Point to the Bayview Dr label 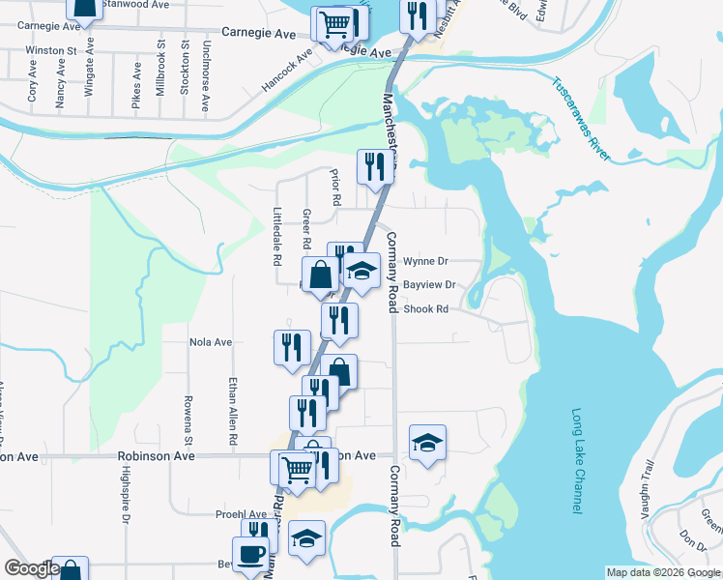[428, 285]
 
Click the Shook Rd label [426, 309]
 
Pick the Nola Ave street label [211, 342]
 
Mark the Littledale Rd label [277, 237]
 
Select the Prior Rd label [335, 188]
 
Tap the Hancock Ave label [287, 72]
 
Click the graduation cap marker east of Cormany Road [427, 442]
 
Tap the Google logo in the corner [32, 568]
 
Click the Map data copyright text [663, 572]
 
